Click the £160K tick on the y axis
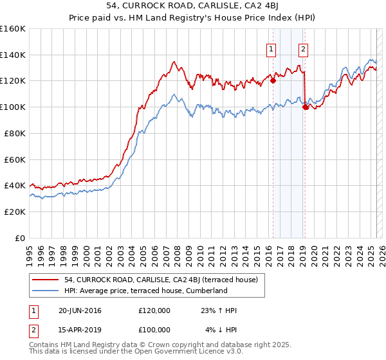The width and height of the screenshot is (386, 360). click(x=13, y=29)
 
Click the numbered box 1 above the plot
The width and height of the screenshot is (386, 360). click(x=271, y=48)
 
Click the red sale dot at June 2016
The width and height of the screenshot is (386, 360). click(x=273, y=80)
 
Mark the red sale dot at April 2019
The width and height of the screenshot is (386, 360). click(x=305, y=107)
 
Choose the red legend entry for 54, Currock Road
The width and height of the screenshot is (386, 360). click(x=161, y=280)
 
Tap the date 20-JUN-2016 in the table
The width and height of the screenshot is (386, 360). click(x=80, y=310)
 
